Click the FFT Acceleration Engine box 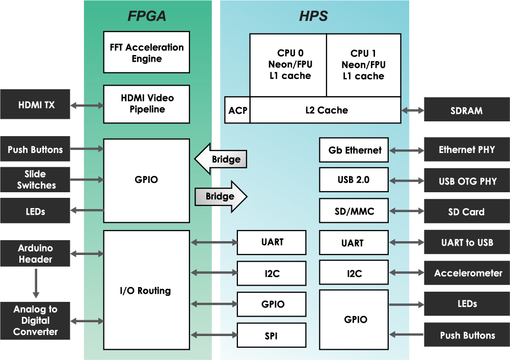pyautogui.click(x=146, y=52)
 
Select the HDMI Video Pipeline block pyautogui.click(x=146, y=104)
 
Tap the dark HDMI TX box pyautogui.click(x=35, y=104)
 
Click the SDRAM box pyautogui.click(x=467, y=110)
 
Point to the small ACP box pyautogui.click(x=237, y=110)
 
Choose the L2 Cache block pyautogui.click(x=325, y=110)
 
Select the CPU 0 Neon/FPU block pyautogui.click(x=288, y=65)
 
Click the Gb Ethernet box pyautogui.click(x=354, y=150)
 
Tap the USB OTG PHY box pyautogui.click(x=467, y=181)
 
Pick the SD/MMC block pyautogui.click(x=354, y=211)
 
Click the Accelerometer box pyautogui.click(x=467, y=273)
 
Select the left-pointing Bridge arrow pyautogui.click(x=221, y=159)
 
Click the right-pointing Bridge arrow pyautogui.click(x=221, y=196)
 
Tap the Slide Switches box pyautogui.click(x=35, y=179)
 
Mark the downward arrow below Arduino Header pyautogui.click(x=36, y=283)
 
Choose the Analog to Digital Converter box pyautogui.click(x=35, y=321)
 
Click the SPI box pyautogui.click(x=272, y=335)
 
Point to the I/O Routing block pyautogui.click(x=146, y=290)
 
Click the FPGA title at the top pyautogui.click(x=147, y=16)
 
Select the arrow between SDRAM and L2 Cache pyautogui.click(x=412, y=110)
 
